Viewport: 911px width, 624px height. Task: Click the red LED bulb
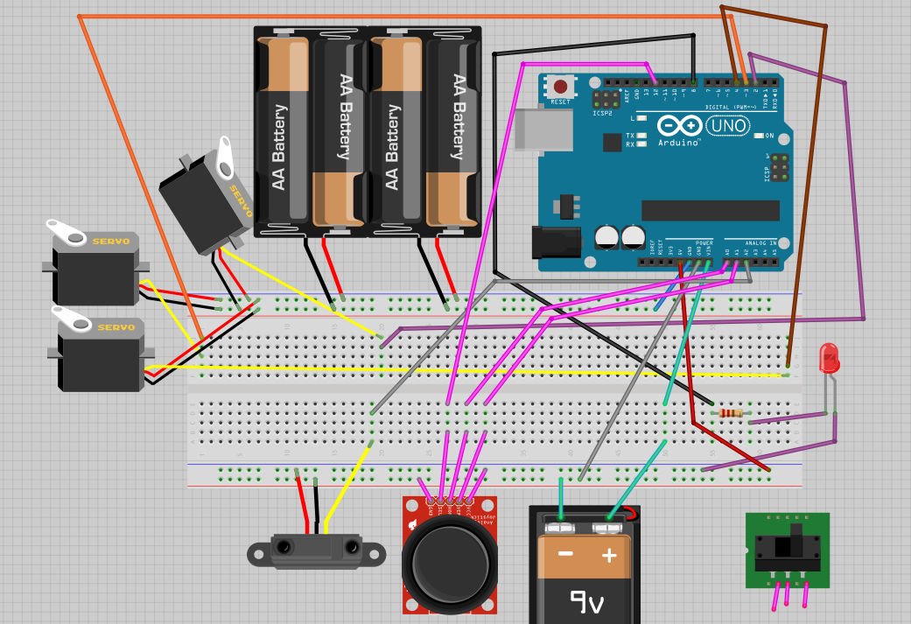pyautogui.click(x=828, y=358)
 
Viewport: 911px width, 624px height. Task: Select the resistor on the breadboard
pyautogui.click(x=730, y=413)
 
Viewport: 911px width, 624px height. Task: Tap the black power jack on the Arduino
pyautogui.click(x=557, y=242)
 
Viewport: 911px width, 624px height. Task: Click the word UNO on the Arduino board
pyautogui.click(x=728, y=126)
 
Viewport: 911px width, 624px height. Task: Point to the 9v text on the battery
pyautogui.click(x=587, y=601)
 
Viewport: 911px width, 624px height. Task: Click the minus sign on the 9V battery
pyautogui.click(x=565, y=554)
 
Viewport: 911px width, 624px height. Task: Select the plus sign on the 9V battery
pyautogui.click(x=609, y=555)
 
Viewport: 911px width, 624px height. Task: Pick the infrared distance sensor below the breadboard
pyautogui.click(x=316, y=550)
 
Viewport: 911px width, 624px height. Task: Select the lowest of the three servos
pyautogui.click(x=98, y=355)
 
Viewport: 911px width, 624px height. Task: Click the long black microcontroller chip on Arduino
pyautogui.click(x=710, y=210)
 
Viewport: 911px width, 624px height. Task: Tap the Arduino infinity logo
pyautogui.click(x=678, y=125)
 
